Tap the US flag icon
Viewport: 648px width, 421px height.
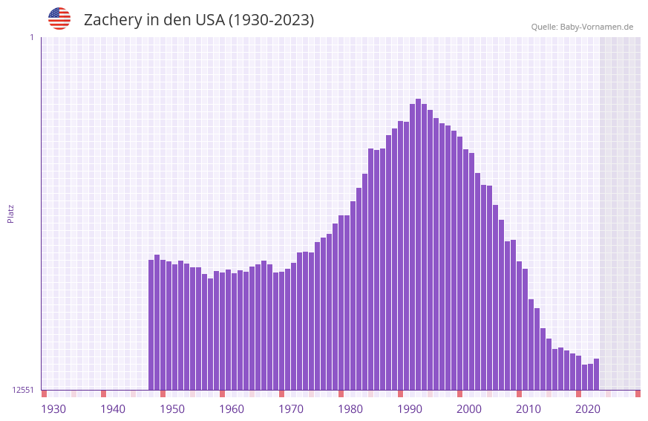tap(59, 19)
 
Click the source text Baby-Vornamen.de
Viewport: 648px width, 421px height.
tap(582, 27)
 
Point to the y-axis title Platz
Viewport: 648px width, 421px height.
tap(10, 214)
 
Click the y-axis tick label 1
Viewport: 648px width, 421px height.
tap(31, 37)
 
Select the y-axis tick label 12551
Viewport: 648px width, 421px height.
tap(23, 390)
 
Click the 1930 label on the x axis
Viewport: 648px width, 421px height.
tap(53, 409)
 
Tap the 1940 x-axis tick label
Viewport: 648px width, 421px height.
tap(113, 409)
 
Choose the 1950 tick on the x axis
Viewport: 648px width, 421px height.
tap(172, 409)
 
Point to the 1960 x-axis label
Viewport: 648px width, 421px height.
tap(232, 409)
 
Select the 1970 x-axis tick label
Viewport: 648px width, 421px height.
tap(291, 409)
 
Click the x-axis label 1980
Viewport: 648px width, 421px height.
tap(350, 409)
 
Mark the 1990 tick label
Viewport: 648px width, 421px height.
tap(410, 409)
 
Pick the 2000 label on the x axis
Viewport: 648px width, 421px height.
tap(469, 409)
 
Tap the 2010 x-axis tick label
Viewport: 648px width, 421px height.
tap(528, 409)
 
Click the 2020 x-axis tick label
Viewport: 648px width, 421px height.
tap(588, 409)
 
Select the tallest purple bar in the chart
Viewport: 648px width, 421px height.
tap(418, 245)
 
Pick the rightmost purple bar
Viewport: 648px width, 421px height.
tap(596, 374)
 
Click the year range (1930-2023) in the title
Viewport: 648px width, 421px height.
tap(271, 20)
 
